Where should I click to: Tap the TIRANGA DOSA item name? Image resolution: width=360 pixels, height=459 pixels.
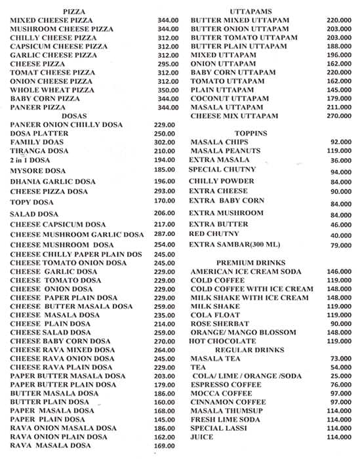click(x=39, y=151)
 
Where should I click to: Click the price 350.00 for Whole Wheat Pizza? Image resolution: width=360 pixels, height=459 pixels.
click(x=168, y=90)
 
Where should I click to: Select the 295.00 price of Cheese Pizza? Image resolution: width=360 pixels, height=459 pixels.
click(x=168, y=64)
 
